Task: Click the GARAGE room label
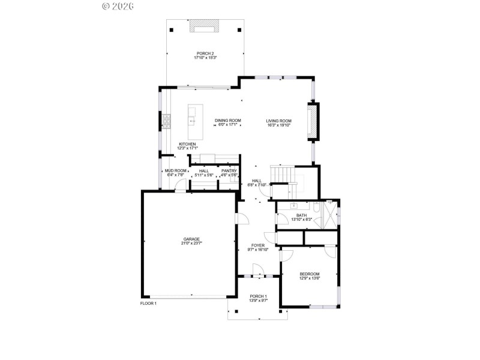[191, 239]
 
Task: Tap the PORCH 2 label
[205, 53]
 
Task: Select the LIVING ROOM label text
[279, 121]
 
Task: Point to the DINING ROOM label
[228, 121]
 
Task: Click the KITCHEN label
[187, 144]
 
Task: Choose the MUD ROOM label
[176, 170]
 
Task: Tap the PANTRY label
[229, 170]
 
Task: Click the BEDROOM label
[310, 274]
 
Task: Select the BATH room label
[301, 215]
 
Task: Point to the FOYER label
[258, 245]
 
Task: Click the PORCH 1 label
[258, 296]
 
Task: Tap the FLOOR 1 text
[148, 304]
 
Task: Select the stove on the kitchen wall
[166, 122]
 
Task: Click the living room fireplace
[313, 122]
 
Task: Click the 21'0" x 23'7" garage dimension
[191, 243]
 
